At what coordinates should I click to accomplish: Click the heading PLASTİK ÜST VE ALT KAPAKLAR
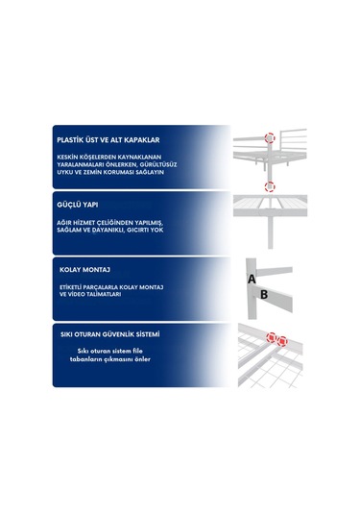pos(108,140)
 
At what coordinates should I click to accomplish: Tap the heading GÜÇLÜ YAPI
pos(78,205)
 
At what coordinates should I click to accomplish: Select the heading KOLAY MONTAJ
pos(84,270)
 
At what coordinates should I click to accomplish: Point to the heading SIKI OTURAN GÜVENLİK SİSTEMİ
pos(110,334)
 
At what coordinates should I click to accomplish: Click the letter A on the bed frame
pos(252,279)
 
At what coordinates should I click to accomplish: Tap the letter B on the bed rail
pos(264,295)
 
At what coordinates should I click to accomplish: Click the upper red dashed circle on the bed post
pos(270,138)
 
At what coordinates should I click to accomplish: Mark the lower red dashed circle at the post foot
pos(270,186)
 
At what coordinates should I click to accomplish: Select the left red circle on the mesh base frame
pos(272,337)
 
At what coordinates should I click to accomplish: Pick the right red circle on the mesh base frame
pos(282,341)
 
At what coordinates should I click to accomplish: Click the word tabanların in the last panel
pos(84,359)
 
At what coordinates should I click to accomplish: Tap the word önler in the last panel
pos(142,359)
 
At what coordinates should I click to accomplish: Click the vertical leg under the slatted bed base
pos(271,232)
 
